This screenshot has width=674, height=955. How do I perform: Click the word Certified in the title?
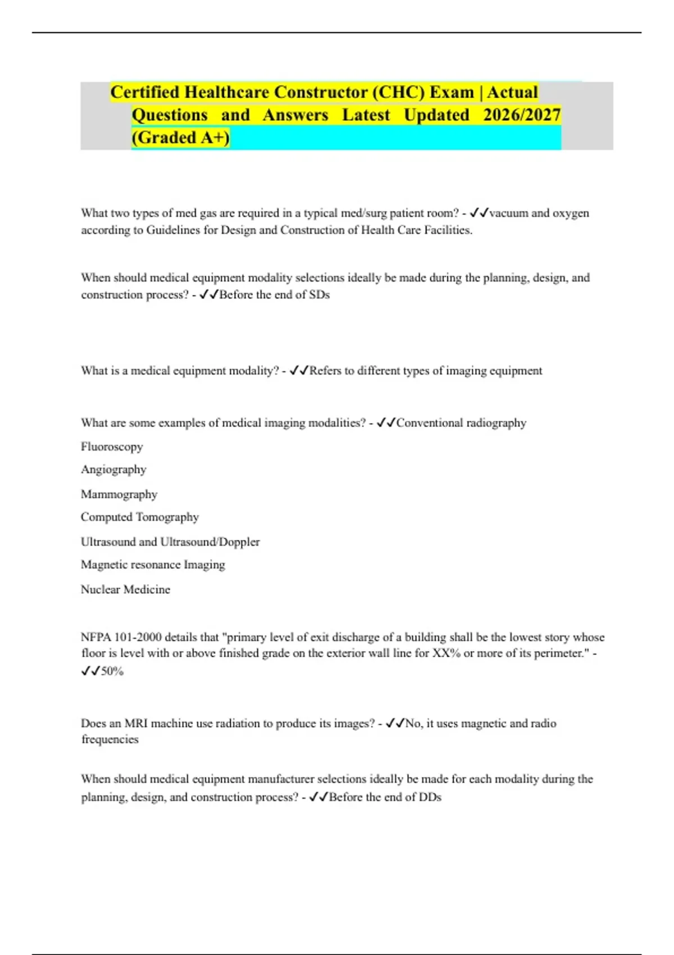click(x=145, y=92)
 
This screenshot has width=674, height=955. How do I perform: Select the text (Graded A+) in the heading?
click(x=180, y=138)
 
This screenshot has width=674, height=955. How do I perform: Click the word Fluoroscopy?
click(x=112, y=447)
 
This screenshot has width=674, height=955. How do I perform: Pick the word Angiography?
click(x=113, y=470)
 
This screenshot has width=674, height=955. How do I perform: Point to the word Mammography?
click(x=119, y=494)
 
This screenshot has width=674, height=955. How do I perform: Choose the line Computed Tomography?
click(x=140, y=517)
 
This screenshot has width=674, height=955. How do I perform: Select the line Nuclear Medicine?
click(x=125, y=589)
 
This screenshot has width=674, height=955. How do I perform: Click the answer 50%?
click(x=112, y=671)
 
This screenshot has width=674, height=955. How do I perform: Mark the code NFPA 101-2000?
click(x=120, y=637)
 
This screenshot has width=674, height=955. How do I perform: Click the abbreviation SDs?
click(x=319, y=295)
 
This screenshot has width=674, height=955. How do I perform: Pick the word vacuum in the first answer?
click(x=508, y=213)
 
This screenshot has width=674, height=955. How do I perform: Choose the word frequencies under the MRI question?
click(x=110, y=739)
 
